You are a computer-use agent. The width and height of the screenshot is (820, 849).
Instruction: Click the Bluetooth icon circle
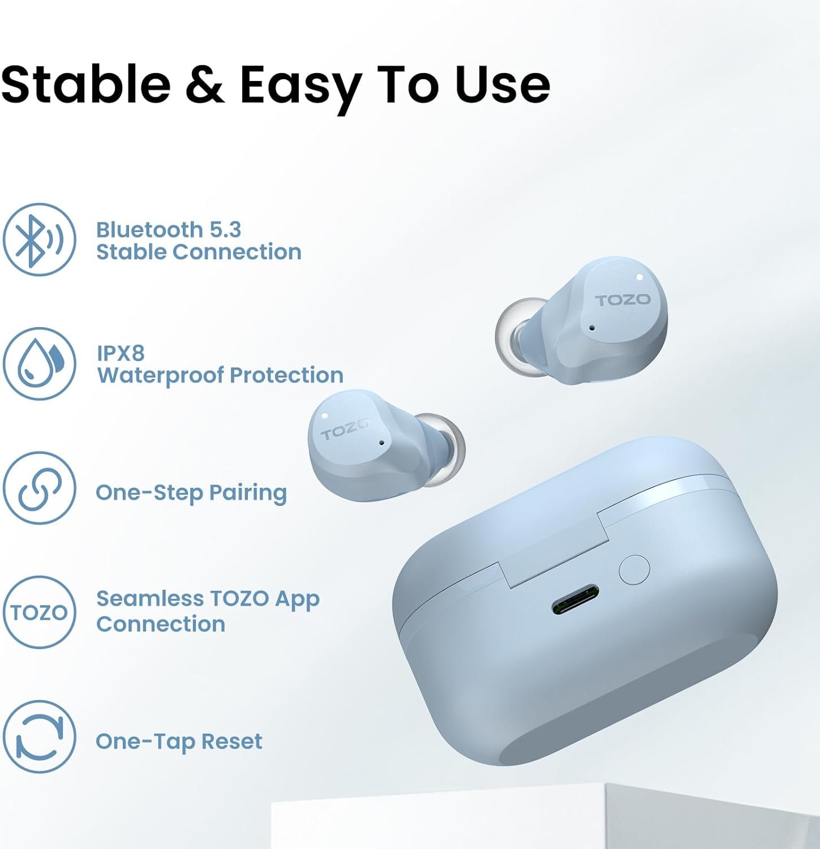pyautogui.click(x=39, y=239)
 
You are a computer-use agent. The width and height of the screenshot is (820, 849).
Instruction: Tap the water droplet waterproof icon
pyautogui.click(x=39, y=363)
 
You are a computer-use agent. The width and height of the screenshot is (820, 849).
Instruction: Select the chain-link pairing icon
pyautogui.click(x=39, y=488)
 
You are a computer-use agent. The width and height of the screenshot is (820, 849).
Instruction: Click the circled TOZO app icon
pyautogui.click(x=39, y=612)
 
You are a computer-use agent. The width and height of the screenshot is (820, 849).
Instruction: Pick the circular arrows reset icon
pyautogui.click(x=39, y=736)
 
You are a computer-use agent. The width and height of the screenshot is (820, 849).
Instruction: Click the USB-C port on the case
pyautogui.click(x=576, y=600)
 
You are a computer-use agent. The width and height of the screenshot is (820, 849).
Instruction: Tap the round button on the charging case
pyautogui.click(x=634, y=570)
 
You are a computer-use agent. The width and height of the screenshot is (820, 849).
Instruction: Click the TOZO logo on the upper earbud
pyautogui.click(x=622, y=299)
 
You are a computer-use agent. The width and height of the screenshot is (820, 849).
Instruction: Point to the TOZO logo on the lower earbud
pyautogui.click(x=345, y=429)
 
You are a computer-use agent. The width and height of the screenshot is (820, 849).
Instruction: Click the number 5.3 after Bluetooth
pyautogui.click(x=225, y=230)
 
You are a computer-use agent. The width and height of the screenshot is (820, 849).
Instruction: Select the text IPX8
pyautogui.click(x=121, y=353)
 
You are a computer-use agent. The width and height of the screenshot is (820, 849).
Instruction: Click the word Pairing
pyautogui.click(x=248, y=493)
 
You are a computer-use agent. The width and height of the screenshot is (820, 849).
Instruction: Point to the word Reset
pyautogui.click(x=231, y=741)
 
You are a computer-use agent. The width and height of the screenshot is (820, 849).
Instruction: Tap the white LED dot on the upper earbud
pyautogui.click(x=639, y=277)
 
